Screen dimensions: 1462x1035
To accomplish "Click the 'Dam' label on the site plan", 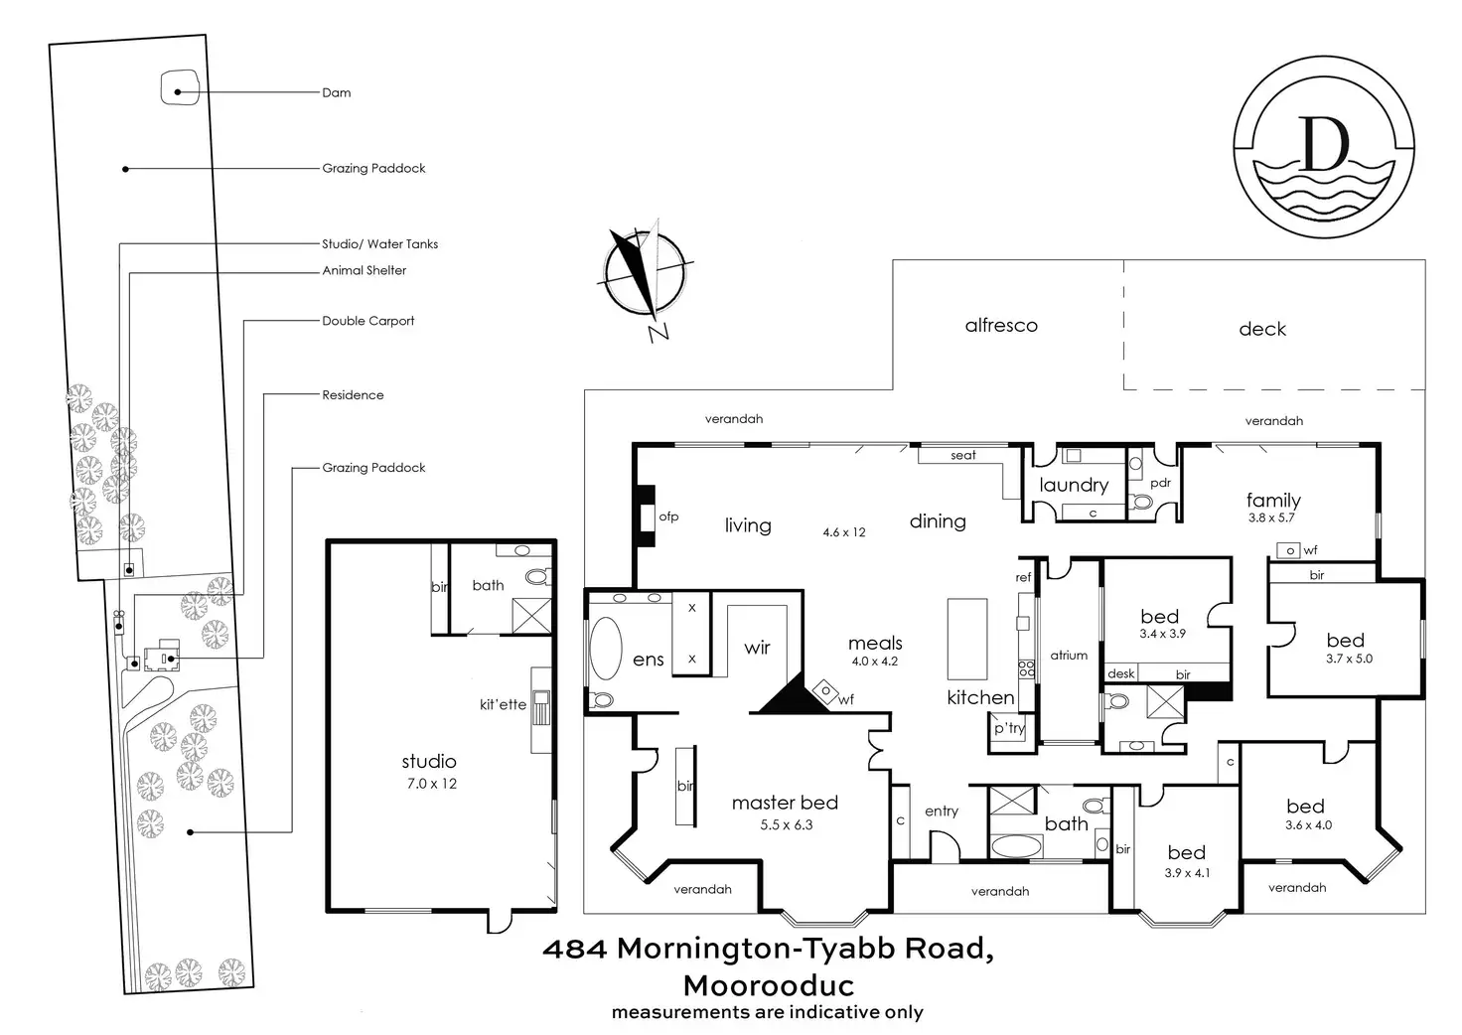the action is pos(337,92).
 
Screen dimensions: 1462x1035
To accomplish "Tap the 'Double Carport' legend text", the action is pos(367,321).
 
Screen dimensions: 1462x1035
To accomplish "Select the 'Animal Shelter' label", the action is pos(364,270).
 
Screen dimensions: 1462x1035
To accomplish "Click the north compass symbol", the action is pos(642,274).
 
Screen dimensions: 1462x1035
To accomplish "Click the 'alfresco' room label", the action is pos(1001,325).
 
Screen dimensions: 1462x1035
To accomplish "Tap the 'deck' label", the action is pos(1262,329).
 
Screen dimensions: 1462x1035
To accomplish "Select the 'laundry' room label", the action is pos(1074,485).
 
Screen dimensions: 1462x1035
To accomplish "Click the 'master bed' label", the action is pos(785,803).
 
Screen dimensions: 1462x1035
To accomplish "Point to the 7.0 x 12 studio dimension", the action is pos(429,784).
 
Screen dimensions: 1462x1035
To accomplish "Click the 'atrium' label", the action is pos(1069,656).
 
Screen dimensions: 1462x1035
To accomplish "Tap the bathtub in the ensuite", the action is pos(606,649).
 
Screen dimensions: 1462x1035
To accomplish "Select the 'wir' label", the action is pos(757,648).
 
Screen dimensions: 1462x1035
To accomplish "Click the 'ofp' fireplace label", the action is pos(668,517).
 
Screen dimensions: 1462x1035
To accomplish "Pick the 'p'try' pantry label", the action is pos(1009,728).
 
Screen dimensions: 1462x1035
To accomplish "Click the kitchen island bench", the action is pos(966,639).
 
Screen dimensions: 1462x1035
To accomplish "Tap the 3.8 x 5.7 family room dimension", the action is pos(1271,517).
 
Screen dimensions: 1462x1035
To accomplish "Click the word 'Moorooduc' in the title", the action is pos(768,985).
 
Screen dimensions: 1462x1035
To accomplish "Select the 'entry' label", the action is pos(942,812).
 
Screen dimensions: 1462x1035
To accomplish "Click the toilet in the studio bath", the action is pos(537,576).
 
